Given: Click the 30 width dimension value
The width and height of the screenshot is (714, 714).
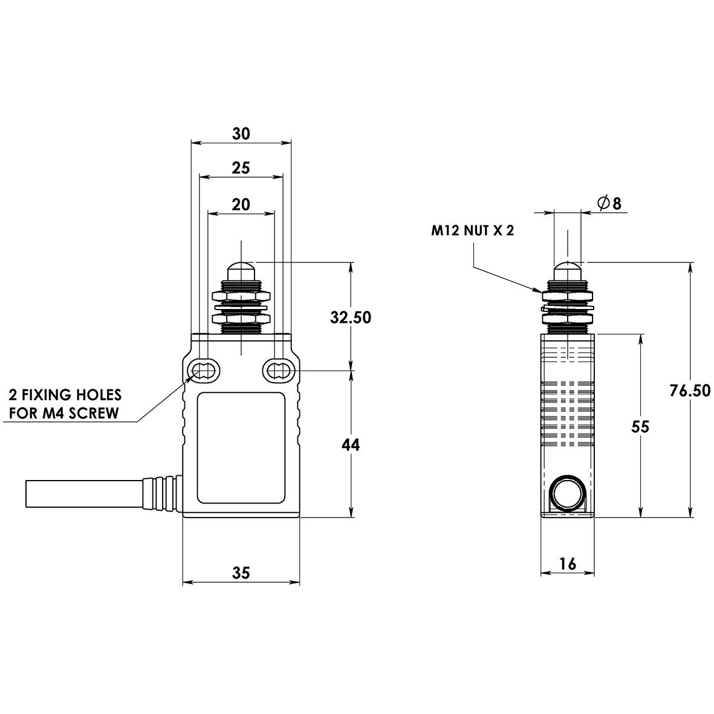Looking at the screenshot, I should click(x=241, y=134).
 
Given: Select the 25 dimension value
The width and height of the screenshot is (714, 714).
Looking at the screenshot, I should click(x=241, y=168).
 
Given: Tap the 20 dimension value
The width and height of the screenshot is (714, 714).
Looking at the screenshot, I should click(x=241, y=204).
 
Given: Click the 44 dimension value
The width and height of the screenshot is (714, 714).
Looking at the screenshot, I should click(x=351, y=445).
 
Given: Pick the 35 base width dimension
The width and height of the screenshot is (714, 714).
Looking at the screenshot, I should click(x=241, y=572).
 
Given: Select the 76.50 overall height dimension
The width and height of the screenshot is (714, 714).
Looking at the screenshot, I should click(x=690, y=391).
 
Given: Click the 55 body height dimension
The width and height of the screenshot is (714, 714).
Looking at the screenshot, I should click(x=640, y=426).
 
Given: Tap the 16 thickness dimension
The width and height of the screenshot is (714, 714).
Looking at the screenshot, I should click(x=567, y=564).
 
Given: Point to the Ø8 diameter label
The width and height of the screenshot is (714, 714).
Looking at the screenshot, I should click(x=609, y=204).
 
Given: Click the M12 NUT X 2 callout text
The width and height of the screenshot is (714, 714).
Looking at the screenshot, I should click(x=472, y=230).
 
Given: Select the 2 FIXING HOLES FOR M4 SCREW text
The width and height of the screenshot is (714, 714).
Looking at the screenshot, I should click(x=65, y=404).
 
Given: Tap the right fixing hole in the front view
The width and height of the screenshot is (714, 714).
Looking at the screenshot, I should click(x=277, y=370).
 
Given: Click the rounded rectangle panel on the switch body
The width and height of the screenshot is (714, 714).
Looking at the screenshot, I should click(x=241, y=447).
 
